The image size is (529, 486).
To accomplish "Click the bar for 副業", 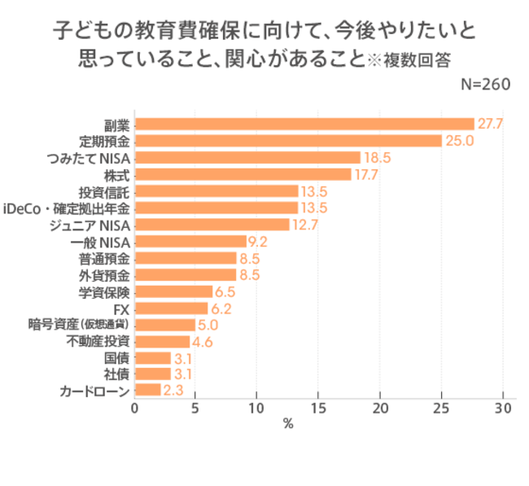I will click(304, 124).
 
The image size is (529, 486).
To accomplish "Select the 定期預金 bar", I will click(287, 141).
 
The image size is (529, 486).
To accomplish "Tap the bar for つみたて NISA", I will click(247, 157).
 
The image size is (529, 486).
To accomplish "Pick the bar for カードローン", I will click(147, 391).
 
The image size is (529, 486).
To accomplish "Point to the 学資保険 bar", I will click(173, 291).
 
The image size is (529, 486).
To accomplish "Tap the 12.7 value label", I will click(304, 225).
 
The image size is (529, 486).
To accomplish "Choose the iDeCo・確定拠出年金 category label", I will click(67, 208).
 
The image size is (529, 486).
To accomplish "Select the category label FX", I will click(121, 308).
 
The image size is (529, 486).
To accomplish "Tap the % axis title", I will click(287, 423).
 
